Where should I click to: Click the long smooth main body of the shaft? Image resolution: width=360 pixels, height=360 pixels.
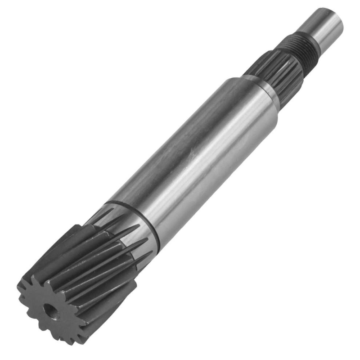click(x=193, y=153)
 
